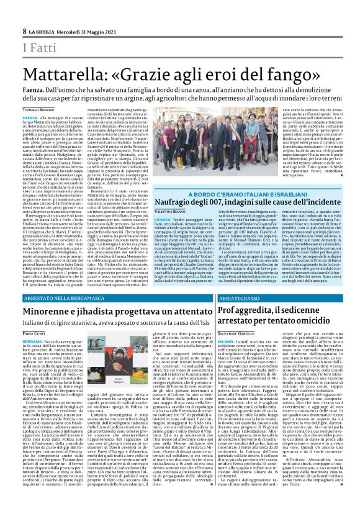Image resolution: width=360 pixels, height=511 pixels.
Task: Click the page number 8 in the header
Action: pos(25,31)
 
